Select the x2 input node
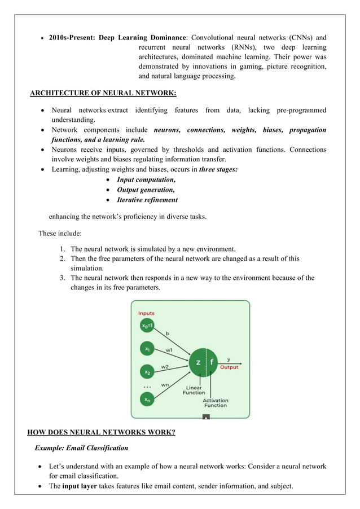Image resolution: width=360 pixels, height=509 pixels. click(x=147, y=372)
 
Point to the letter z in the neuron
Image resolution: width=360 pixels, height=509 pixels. click(x=198, y=362)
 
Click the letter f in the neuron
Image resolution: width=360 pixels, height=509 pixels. click(x=212, y=362)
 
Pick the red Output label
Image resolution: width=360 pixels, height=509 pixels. click(x=229, y=367)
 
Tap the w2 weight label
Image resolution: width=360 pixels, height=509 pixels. click(x=165, y=366)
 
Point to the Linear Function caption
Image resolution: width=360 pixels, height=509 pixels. click(x=194, y=390)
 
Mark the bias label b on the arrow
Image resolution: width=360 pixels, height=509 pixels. click(x=167, y=333)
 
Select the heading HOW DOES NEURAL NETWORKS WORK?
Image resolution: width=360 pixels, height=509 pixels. click(x=101, y=433)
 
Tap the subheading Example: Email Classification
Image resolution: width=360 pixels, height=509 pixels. click(x=81, y=448)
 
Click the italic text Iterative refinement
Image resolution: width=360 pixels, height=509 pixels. click(x=147, y=200)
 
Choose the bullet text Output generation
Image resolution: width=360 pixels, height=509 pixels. click(x=146, y=190)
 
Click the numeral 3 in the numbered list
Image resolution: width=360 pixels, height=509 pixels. click(x=62, y=278)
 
